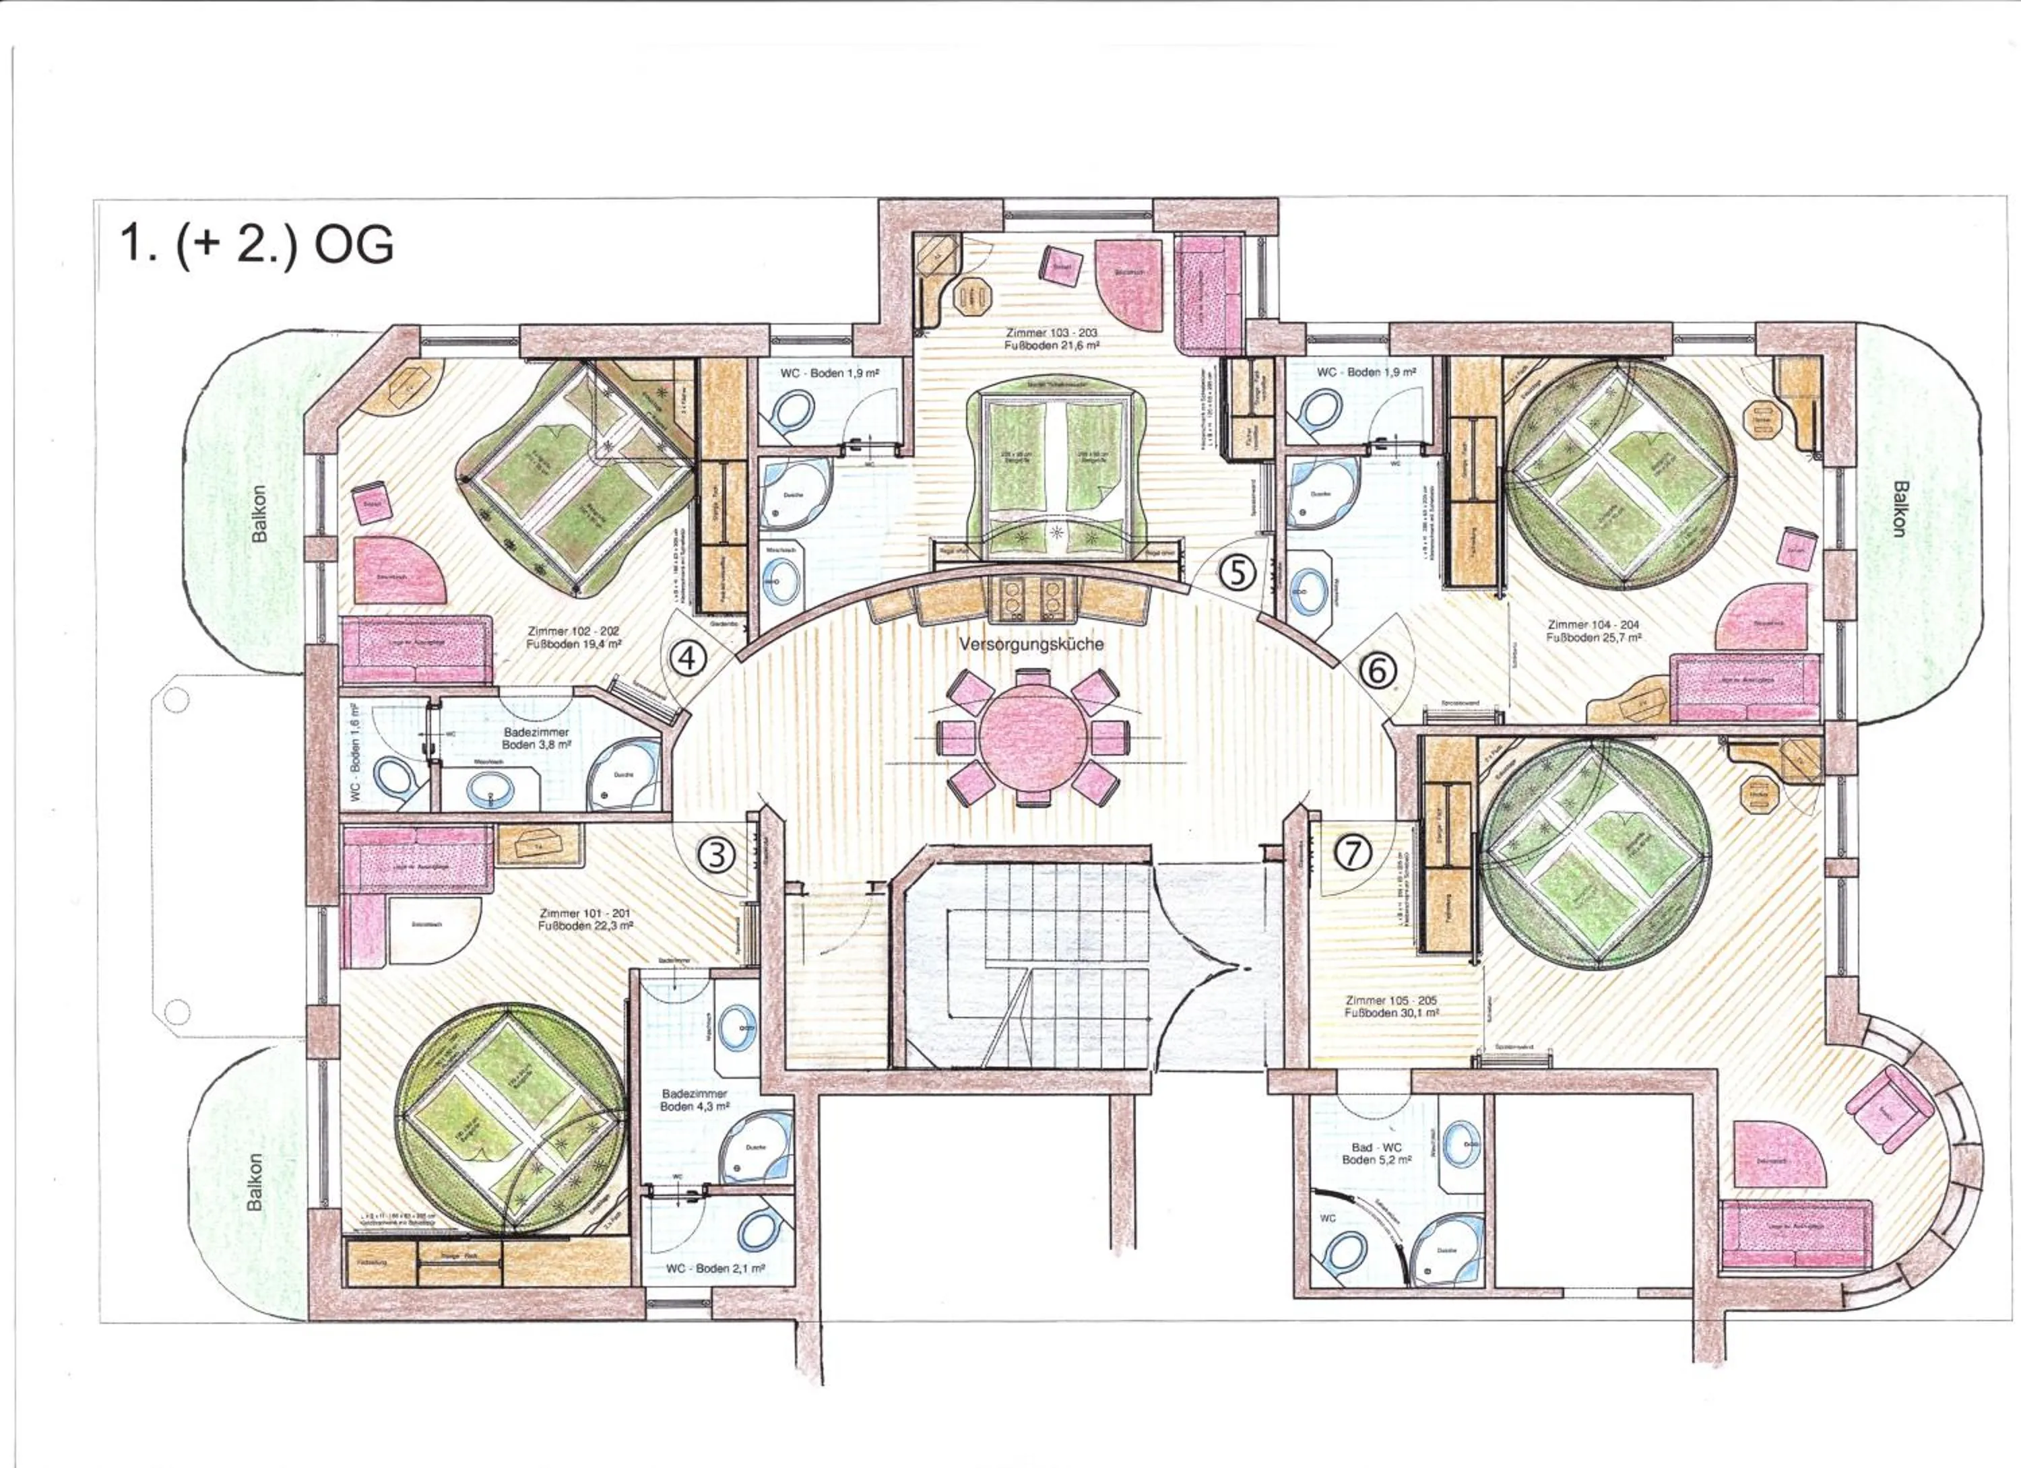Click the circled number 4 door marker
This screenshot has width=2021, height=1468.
coord(687,659)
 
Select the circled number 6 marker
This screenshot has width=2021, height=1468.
coord(1377,670)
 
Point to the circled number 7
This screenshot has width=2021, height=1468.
coord(1352,853)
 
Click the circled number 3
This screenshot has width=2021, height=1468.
coord(715,856)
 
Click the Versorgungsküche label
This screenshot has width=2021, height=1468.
coord(1031,643)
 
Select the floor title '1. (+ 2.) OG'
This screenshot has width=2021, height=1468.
coord(257,243)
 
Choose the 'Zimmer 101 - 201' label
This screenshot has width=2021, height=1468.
coord(585,919)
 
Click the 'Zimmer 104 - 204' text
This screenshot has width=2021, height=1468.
coord(1593,631)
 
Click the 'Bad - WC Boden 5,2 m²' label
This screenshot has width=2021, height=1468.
coord(1377,1154)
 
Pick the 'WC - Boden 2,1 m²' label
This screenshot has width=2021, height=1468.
coord(715,1267)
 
